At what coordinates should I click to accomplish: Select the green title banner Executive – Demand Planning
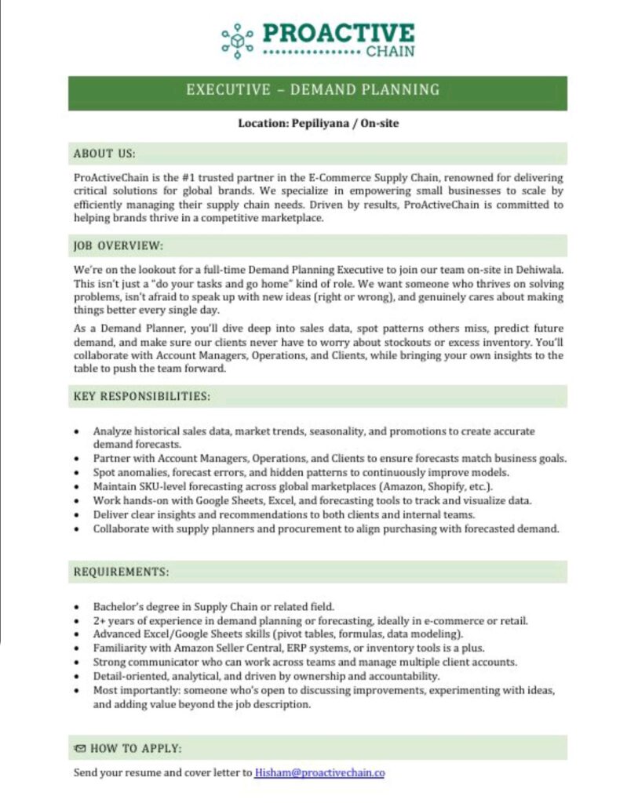(317, 89)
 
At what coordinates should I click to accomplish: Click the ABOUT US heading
(104, 153)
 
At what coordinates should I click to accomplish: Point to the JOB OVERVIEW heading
(118, 245)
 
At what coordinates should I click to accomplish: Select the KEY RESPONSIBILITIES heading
(142, 396)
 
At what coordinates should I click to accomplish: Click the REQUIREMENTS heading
(121, 572)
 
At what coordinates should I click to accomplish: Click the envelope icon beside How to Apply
(80, 748)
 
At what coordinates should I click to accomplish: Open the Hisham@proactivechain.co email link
(319, 772)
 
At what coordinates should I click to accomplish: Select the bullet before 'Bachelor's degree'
(76, 607)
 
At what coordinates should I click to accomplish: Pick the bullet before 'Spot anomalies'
(76, 473)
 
